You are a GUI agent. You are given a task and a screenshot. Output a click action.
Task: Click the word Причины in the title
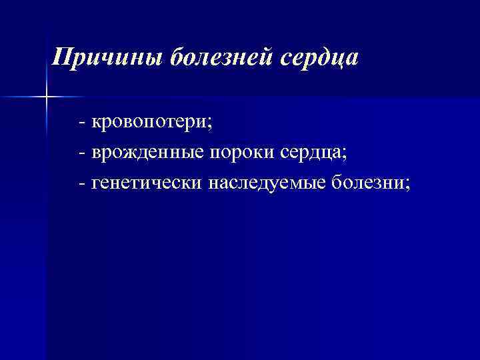pyautogui.click(x=107, y=58)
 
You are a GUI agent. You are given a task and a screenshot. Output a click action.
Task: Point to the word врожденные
pyautogui.click(x=148, y=153)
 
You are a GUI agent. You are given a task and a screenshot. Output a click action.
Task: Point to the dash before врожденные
pyautogui.click(x=81, y=153)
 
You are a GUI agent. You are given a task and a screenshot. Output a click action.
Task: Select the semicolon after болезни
pyautogui.click(x=408, y=183)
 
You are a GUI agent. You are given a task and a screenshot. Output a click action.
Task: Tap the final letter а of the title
pyautogui.click(x=352, y=60)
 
